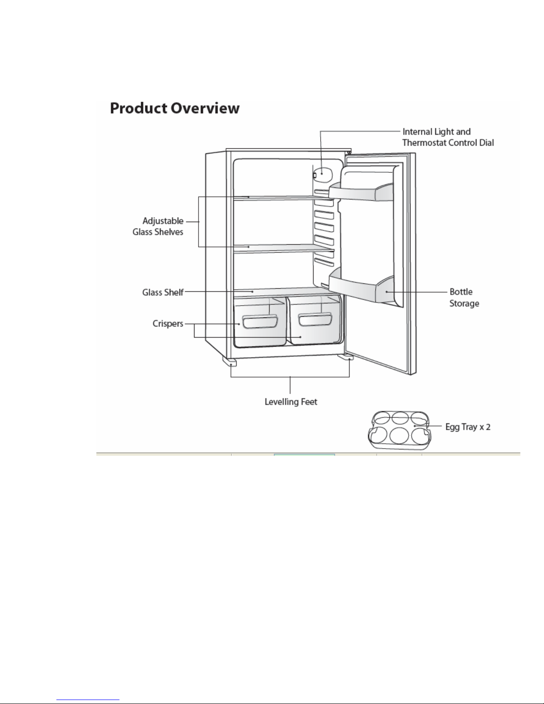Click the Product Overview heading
tap(175, 108)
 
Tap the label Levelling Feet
tap(291, 402)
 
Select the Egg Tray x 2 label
tap(468, 427)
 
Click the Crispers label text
tap(168, 324)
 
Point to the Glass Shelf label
tap(163, 292)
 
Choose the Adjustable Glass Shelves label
tap(158, 227)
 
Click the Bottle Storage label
tap(464, 298)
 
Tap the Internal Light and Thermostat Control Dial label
tap(448, 137)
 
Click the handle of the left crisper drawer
tap(260, 322)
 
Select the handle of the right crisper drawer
tap(315, 319)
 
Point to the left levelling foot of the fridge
tap(229, 362)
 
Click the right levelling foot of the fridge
tap(345, 357)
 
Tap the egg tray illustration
tap(400, 430)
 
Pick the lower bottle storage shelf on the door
tap(361, 285)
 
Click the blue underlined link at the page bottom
tap(88, 700)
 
